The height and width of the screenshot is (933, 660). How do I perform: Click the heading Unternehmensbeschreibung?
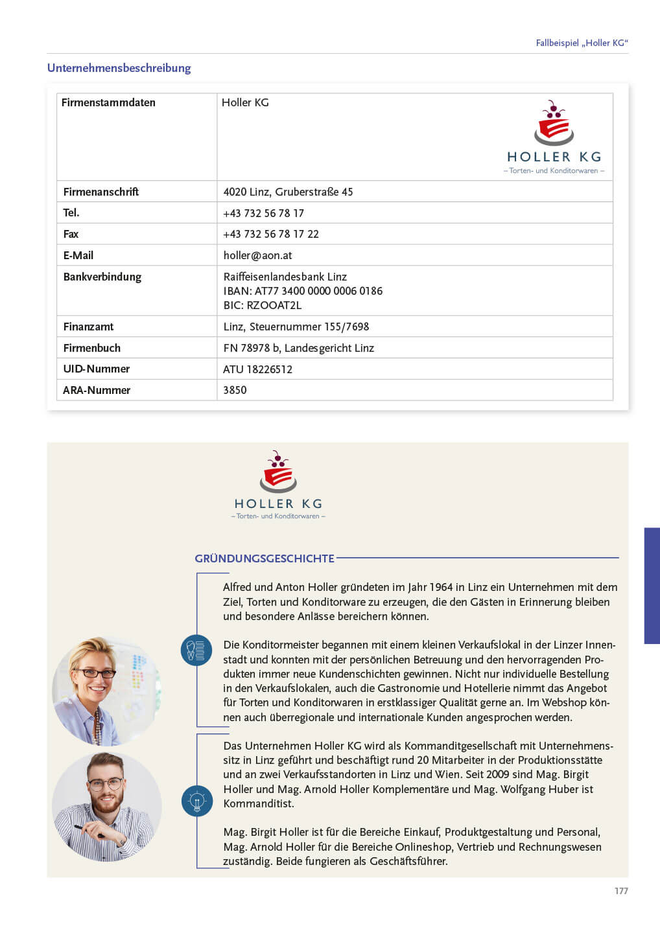pyautogui.click(x=119, y=68)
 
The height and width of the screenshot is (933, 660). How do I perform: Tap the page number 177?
pyautogui.click(x=621, y=891)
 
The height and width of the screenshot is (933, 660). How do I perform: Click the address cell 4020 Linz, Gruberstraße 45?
pyautogui.click(x=288, y=192)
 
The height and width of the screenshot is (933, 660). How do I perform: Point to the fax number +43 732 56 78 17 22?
pyautogui.click(x=271, y=234)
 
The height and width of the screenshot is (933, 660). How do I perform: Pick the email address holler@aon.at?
pyautogui.click(x=257, y=255)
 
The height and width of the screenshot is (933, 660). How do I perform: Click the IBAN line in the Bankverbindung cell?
pyautogui.click(x=303, y=291)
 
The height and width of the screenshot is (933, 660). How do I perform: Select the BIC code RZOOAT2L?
pyautogui.click(x=263, y=305)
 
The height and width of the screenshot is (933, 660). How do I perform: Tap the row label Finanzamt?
pyautogui.click(x=88, y=327)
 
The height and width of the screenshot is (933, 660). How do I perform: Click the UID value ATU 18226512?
pyautogui.click(x=257, y=369)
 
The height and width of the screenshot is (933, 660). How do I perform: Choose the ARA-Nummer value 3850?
pyautogui.click(x=235, y=390)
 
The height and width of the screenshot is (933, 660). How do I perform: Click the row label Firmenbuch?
pyautogui.click(x=91, y=348)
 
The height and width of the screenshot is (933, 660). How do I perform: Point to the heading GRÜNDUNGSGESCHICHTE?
pyautogui.click(x=265, y=559)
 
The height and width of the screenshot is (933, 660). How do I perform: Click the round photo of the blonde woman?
pyautogui.click(x=106, y=691)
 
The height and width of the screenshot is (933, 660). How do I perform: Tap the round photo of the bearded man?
pyautogui.click(x=106, y=807)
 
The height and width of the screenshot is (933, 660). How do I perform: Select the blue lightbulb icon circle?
pyautogui.click(x=196, y=801)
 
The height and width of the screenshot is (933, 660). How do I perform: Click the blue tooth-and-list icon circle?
pyautogui.click(x=196, y=650)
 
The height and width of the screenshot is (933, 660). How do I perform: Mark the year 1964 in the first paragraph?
pyautogui.click(x=440, y=587)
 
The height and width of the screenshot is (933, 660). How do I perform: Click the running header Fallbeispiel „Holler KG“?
pyautogui.click(x=582, y=43)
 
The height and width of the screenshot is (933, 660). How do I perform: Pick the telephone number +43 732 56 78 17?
pyautogui.click(x=263, y=213)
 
